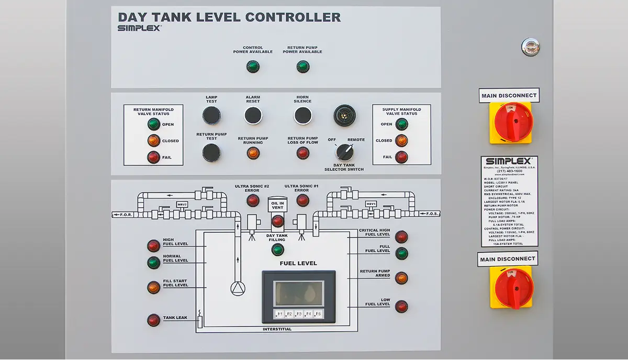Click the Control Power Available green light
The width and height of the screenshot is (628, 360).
[x=253, y=66]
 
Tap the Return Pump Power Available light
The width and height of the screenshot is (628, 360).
[x=302, y=66]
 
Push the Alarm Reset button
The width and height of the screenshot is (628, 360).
[x=253, y=115]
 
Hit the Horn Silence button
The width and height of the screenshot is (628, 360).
[x=302, y=115]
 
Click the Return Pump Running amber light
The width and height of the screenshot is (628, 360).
[x=253, y=153]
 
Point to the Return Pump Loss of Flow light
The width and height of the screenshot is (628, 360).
[x=302, y=153]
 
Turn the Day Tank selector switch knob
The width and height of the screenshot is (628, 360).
[x=344, y=152]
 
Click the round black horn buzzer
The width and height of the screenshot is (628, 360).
[x=344, y=116]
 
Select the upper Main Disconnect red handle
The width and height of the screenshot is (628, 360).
[x=512, y=122]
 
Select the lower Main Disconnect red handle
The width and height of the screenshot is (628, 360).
[x=513, y=287]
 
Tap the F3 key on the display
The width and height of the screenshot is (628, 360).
[x=299, y=314]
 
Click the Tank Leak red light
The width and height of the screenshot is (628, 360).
[x=153, y=320]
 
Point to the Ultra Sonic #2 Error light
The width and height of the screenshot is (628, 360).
[x=253, y=200]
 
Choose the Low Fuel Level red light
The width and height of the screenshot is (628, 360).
[x=401, y=306]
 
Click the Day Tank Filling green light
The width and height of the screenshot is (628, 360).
[x=278, y=250]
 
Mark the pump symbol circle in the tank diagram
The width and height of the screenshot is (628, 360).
[x=238, y=288]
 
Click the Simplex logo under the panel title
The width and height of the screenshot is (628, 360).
[x=139, y=28]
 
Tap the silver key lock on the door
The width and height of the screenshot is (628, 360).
[x=530, y=47]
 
